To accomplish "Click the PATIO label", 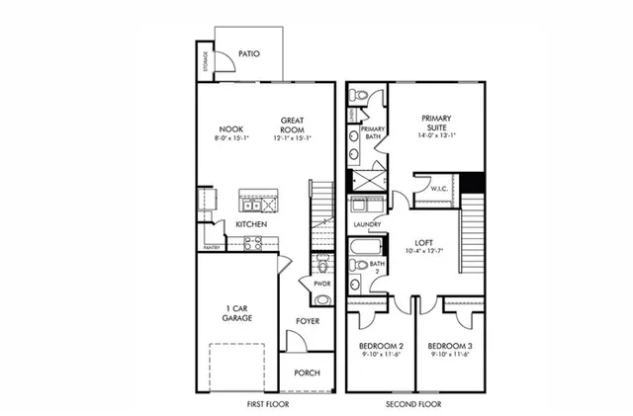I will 249,53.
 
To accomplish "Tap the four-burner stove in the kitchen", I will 253,244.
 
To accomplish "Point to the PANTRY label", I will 212,247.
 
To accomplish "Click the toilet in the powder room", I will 321,267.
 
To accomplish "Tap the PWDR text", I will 321,284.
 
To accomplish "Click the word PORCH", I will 307,373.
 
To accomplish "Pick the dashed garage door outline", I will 237,367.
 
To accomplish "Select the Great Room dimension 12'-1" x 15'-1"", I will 291,137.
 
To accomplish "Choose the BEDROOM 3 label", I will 450,347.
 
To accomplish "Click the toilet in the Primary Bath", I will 363,96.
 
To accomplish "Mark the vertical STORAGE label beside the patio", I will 206,62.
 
